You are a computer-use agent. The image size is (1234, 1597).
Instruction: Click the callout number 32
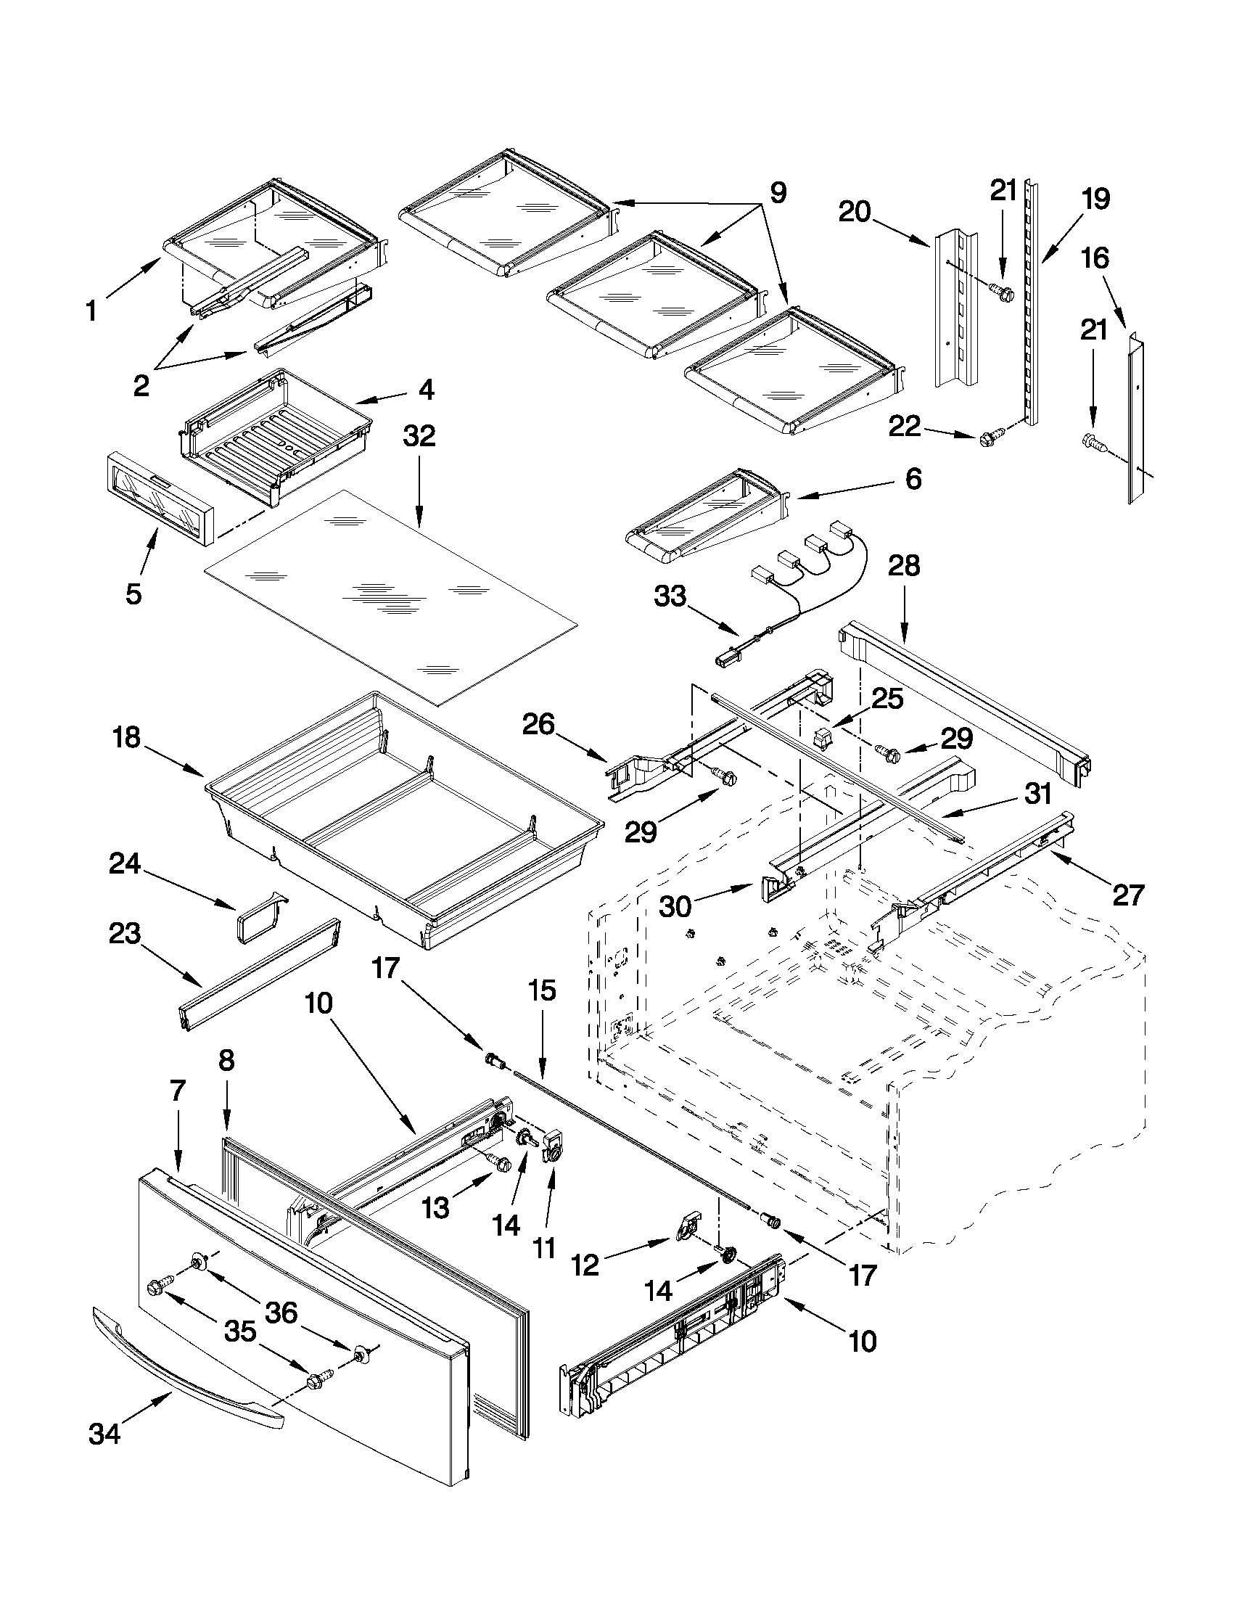click(419, 437)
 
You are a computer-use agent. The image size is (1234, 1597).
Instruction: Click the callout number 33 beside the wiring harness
click(670, 596)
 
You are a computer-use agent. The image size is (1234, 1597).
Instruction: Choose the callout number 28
click(904, 566)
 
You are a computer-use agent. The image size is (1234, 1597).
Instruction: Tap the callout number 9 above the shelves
click(778, 193)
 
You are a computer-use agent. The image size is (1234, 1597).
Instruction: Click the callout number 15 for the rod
click(542, 991)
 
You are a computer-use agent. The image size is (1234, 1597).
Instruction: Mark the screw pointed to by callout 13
click(501, 1163)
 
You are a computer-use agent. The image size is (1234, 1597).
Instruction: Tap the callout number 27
click(1127, 895)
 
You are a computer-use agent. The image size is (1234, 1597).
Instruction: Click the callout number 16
click(1095, 258)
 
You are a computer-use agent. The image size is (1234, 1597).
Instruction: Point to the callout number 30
click(675, 907)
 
